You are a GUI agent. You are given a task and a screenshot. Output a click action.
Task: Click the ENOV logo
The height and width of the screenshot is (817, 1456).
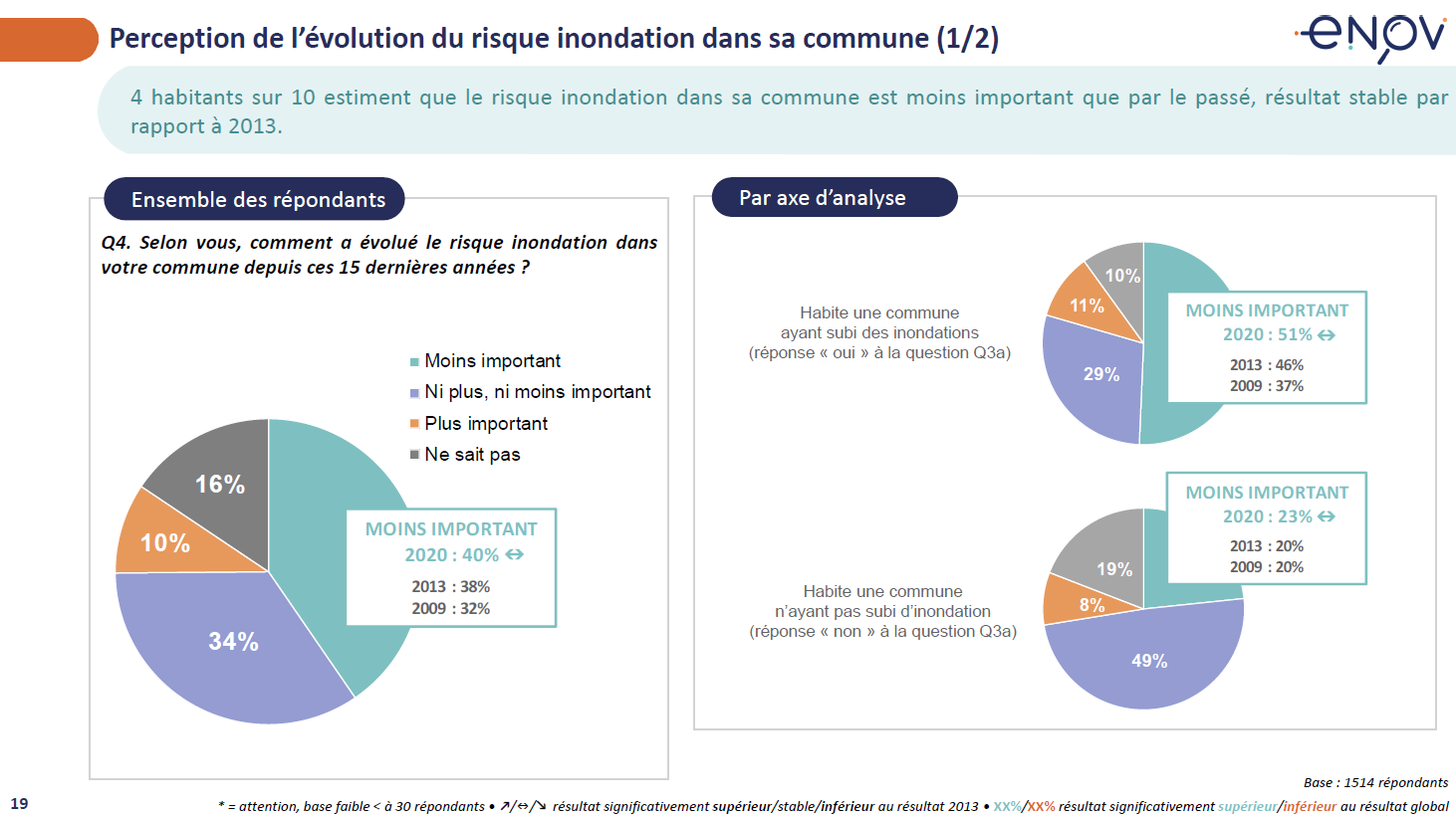(1371, 36)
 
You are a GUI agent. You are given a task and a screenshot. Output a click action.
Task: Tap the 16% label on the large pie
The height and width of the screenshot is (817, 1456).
(220, 485)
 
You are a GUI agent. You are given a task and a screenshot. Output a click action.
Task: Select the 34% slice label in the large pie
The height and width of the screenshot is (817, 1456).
(233, 642)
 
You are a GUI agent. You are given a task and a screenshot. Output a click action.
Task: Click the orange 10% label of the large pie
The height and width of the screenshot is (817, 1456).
(165, 543)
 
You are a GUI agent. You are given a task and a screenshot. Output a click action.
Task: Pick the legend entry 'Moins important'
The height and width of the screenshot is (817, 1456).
(492, 361)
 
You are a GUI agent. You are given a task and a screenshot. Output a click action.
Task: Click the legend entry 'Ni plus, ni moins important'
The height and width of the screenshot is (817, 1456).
(537, 392)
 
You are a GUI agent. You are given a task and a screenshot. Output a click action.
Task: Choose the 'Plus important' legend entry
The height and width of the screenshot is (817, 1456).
(485, 424)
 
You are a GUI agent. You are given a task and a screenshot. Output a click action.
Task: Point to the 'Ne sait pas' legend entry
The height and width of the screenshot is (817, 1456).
(472, 455)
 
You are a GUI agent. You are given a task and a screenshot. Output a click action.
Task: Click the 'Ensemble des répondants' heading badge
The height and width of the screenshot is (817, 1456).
(258, 199)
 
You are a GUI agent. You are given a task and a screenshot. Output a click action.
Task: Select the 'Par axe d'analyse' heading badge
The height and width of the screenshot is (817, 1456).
(823, 198)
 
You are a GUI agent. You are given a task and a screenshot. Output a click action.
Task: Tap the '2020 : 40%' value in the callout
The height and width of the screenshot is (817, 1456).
(452, 555)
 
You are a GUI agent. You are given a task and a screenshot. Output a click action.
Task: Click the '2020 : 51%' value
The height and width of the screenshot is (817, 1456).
(1268, 334)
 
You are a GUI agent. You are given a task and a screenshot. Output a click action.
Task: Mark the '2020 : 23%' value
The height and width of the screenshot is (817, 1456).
(1268, 516)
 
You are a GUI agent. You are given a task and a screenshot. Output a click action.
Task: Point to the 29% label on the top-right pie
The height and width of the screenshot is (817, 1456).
(1101, 374)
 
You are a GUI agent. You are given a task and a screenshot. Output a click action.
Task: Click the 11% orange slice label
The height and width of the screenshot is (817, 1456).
(1087, 306)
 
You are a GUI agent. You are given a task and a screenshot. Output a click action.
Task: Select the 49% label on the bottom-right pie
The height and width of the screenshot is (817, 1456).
(1149, 661)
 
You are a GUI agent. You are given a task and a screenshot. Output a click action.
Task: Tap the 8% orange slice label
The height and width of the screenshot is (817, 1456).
(1092, 605)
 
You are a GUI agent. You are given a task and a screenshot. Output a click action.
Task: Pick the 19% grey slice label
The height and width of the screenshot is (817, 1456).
(1114, 569)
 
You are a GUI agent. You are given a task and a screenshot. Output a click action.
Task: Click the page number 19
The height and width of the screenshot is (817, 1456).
(19, 803)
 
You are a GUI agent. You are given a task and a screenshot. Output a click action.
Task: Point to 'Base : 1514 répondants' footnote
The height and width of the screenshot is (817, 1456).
(1375, 782)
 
